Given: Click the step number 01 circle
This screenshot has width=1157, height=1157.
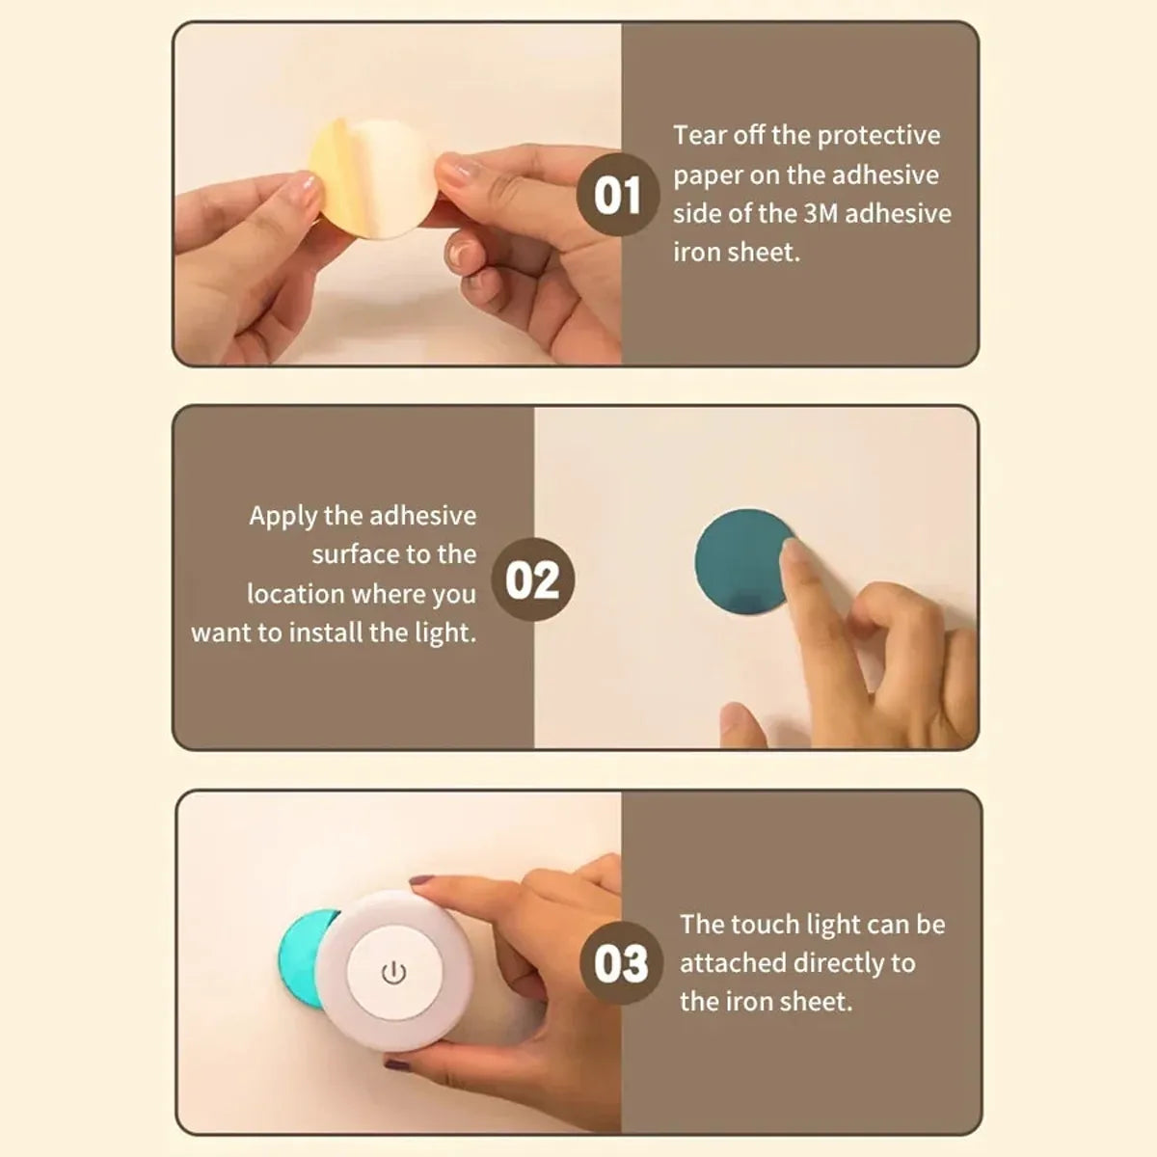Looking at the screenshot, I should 617,195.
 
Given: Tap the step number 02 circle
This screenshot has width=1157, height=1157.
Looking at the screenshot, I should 532,580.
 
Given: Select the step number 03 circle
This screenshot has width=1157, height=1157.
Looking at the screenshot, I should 621,963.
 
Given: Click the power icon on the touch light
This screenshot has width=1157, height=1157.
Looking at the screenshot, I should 393,973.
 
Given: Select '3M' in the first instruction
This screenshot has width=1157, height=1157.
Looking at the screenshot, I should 821,213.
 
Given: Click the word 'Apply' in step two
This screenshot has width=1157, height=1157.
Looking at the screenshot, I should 283,517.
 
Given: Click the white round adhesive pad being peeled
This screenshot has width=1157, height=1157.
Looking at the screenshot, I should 390,178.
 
